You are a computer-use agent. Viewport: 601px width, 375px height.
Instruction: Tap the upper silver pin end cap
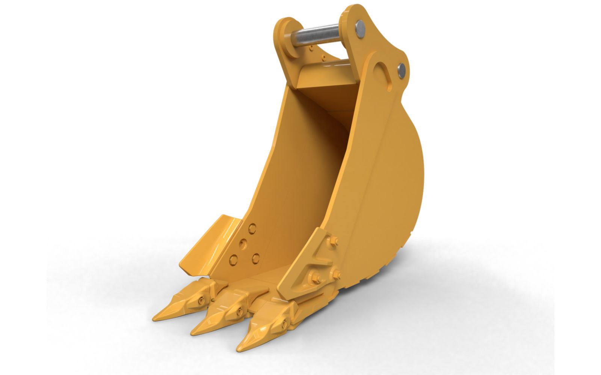coord(360,29)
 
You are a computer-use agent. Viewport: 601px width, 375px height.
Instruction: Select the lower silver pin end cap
coord(402,70)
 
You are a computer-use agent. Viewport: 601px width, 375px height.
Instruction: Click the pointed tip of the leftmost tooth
coord(155,318)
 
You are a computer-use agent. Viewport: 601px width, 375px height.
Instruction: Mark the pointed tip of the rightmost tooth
coord(238,349)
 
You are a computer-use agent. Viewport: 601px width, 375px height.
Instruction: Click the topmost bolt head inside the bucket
coord(252,227)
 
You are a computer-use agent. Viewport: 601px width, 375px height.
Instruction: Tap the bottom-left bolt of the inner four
coord(233,259)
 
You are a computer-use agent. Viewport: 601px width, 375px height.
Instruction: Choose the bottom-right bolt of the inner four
coord(256,257)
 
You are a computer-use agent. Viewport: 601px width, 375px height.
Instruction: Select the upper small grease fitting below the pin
coord(311,48)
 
